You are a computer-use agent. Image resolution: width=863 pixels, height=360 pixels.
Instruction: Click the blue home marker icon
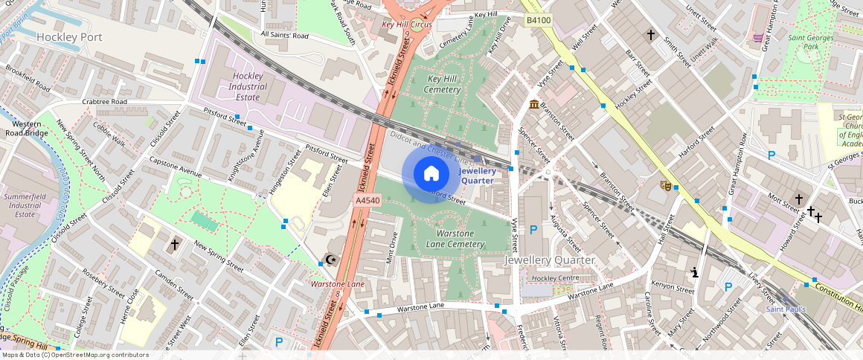point(431,174)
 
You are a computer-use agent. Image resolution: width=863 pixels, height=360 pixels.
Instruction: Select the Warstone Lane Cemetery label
point(455,239)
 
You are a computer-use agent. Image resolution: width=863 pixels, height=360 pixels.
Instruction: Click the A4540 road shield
point(368,201)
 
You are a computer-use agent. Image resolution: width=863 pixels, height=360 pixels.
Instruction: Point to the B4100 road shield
point(538,20)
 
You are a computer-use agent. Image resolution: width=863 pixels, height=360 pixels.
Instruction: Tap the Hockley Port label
point(68,36)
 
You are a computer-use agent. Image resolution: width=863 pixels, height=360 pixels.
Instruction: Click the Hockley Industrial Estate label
point(247,86)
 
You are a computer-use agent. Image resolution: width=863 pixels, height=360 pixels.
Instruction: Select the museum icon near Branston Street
point(534,104)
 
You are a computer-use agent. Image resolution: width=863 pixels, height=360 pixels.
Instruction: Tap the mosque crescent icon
point(330,260)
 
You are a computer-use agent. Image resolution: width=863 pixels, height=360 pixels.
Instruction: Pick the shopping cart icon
point(758,37)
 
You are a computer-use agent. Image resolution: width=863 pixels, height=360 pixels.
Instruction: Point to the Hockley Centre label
point(554,278)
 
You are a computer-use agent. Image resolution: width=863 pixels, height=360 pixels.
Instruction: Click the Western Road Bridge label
point(30,129)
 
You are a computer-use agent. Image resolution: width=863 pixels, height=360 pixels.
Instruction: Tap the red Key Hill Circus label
point(406,24)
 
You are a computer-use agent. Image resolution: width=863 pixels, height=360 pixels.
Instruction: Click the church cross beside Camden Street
point(175,244)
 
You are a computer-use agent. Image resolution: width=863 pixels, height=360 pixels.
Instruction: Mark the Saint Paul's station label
point(786,309)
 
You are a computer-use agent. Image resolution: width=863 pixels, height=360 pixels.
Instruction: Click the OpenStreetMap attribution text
point(74,355)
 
